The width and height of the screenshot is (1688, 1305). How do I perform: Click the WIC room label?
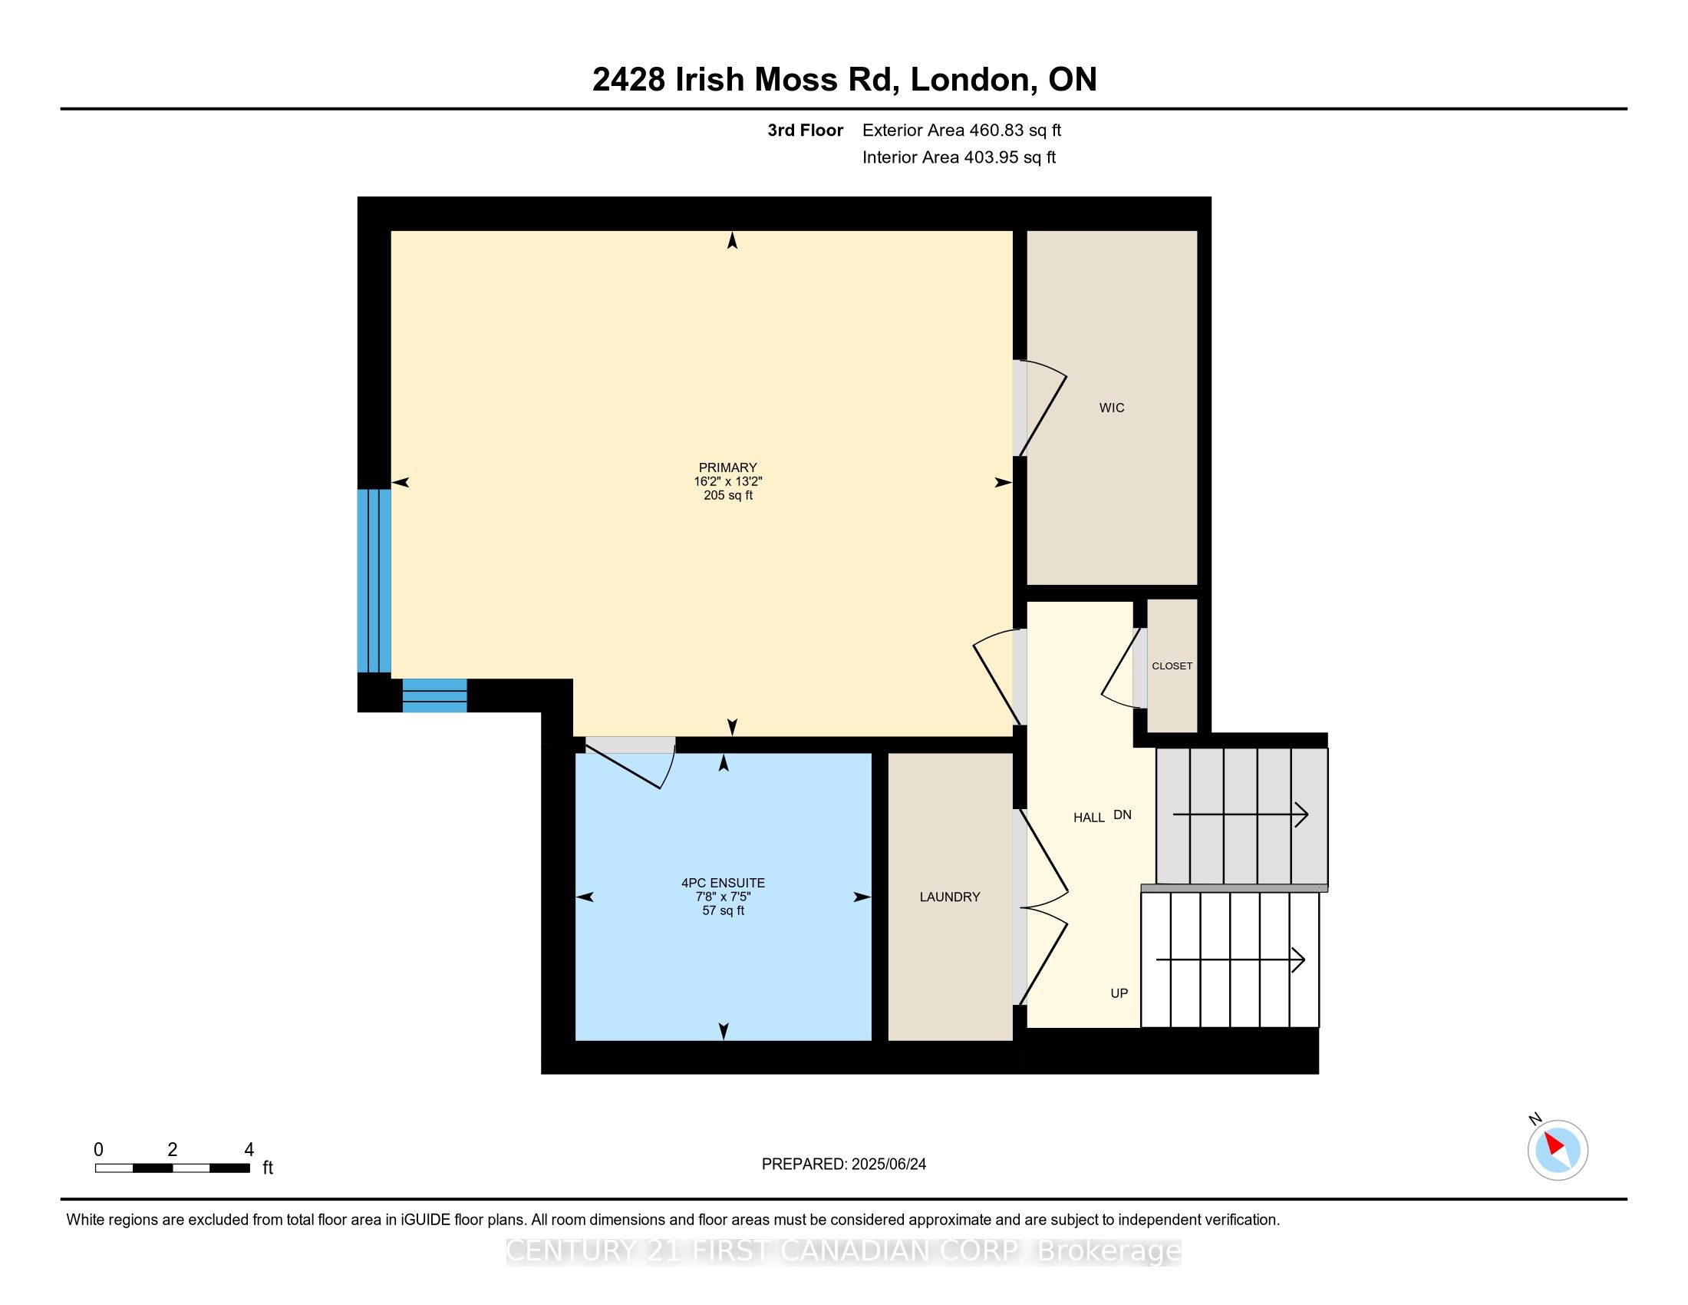[x=1112, y=408]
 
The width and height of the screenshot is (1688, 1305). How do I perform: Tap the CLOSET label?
[x=1172, y=666]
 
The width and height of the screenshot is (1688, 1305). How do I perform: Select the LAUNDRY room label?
[x=950, y=897]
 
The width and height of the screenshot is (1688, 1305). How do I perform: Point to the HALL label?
[x=1089, y=818]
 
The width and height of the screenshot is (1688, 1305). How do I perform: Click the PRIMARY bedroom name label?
[x=727, y=467]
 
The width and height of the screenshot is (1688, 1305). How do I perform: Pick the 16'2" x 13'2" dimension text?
[x=728, y=481]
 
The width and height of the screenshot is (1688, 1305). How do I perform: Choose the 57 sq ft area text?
[x=724, y=910]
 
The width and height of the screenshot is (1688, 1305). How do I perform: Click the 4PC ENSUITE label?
[x=724, y=883]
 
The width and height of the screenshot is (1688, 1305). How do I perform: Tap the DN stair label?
[x=1123, y=814]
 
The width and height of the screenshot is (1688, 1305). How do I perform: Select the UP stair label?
[x=1119, y=993]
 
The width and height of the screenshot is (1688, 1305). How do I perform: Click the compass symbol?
[x=1557, y=1149]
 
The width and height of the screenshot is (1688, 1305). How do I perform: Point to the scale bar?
[x=173, y=1168]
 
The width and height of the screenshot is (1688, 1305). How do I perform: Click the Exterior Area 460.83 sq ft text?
[x=961, y=130]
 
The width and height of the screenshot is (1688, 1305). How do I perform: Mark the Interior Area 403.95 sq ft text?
[x=959, y=157]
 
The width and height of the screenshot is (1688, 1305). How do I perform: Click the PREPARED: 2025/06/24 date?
[x=844, y=1164]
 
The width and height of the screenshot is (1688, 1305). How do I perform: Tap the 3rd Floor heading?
[x=806, y=130]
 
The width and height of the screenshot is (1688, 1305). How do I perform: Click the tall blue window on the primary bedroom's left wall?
[x=374, y=580]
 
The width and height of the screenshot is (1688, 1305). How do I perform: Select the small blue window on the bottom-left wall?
[x=435, y=695]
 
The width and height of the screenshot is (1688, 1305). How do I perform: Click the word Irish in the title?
[x=710, y=79]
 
